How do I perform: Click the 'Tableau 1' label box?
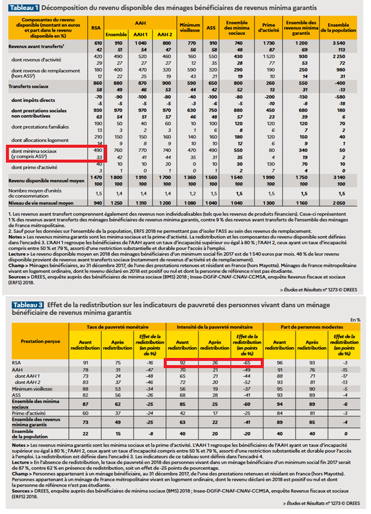click(24, 8)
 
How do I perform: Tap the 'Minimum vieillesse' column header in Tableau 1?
click(189, 28)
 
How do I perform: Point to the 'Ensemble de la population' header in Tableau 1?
click(340, 28)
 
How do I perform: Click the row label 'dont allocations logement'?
click(37, 137)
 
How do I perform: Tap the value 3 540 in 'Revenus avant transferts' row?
click(340, 45)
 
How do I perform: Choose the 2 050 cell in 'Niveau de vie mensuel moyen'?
click(340, 203)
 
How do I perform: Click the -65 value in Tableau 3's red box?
click(245, 362)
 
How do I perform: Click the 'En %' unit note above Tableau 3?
click(356, 320)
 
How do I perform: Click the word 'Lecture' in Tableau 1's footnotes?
click(17, 253)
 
